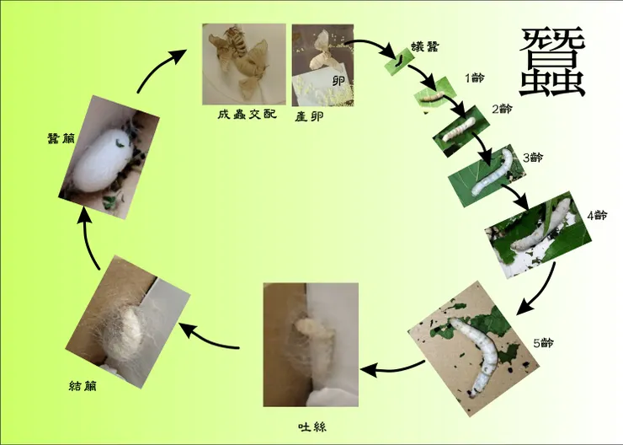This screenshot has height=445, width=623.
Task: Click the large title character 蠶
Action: click(x=552, y=62)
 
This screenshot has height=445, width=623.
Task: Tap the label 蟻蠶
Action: click(x=425, y=47)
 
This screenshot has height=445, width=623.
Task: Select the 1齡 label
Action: click(x=475, y=78)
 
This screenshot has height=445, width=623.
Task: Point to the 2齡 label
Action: click(x=503, y=109)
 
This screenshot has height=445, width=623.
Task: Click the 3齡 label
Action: click(x=533, y=158)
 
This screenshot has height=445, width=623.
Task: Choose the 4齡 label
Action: click(x=597, y=215)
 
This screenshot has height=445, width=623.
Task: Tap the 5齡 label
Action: click(x=543, y=342)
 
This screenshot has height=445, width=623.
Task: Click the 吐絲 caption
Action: click(x=312, y=427)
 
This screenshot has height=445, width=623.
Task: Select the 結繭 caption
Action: click(x=83, y=386)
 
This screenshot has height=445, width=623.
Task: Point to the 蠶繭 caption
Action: click(x=61, y=138)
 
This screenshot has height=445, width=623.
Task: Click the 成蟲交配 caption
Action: click(x=247, y=115)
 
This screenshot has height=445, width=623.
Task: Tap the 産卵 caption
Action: click(x=309, y=116)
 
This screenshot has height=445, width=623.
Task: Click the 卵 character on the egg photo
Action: click(x=338, y=81)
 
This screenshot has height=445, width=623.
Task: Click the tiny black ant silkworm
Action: click(x=399, y=61)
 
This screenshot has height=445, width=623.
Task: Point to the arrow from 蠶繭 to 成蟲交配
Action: click(x=159, y=70)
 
